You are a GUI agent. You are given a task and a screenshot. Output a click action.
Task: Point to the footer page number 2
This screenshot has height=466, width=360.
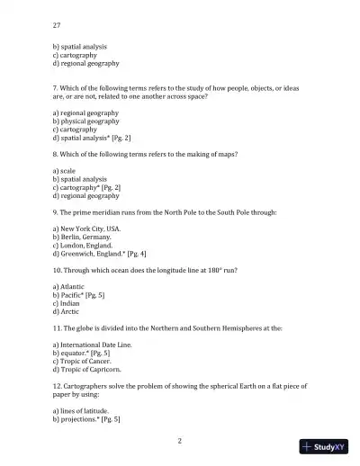[180, 441]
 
